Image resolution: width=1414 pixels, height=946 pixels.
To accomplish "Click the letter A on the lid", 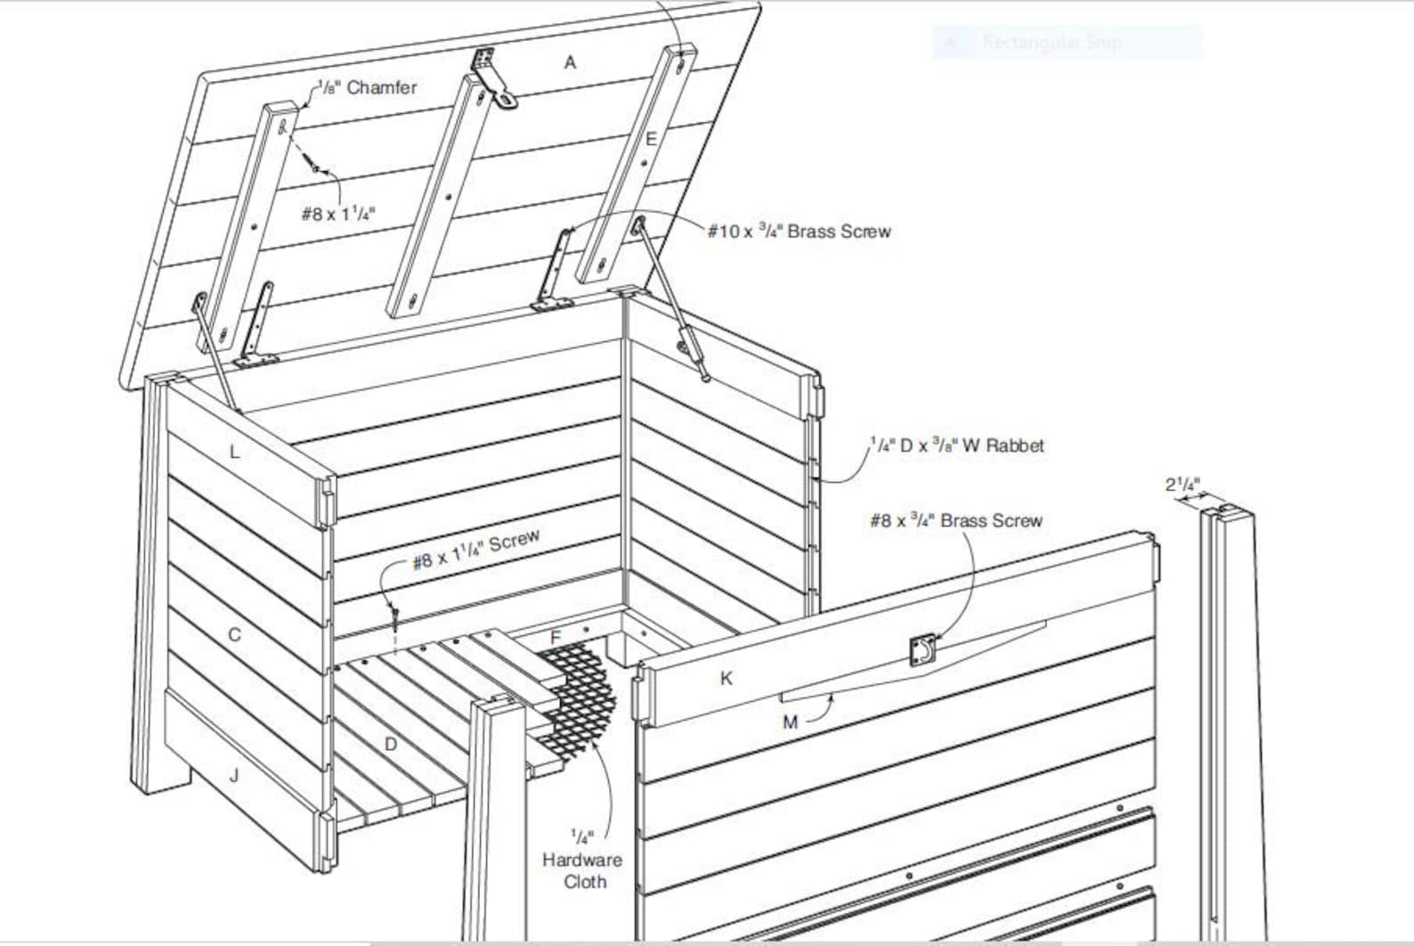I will pos(570,62).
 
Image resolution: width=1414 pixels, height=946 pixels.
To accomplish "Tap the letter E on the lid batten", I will pos(651,139).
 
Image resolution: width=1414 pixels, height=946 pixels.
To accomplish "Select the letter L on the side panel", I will pos(234,452).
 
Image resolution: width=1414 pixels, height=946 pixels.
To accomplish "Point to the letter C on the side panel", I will pos(234,635).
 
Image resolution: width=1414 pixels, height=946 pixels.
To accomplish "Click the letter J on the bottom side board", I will pos(234,775).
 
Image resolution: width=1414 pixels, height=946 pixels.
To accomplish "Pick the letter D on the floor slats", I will pos(390,744).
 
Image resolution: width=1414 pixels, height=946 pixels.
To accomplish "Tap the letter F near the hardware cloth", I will pos(556,638).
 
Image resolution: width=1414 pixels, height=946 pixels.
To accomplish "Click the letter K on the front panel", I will pos(727,679).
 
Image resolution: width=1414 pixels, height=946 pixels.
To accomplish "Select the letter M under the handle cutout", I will pos(790,722).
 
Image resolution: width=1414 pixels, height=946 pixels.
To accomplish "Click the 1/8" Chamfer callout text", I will pos(368,87).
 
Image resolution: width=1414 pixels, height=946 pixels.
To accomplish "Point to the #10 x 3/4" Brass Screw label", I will pos(799,232).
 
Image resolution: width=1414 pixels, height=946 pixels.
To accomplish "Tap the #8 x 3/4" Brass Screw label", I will pos(955,520).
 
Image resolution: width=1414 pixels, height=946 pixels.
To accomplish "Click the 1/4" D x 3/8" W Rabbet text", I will pos(956,445).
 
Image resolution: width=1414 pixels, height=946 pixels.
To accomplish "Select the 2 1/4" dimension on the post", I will pos(1182,485).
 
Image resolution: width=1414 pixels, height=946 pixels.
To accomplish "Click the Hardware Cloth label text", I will pos(582,870).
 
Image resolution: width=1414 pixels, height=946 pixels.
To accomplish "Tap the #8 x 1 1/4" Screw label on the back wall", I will pos(475,550).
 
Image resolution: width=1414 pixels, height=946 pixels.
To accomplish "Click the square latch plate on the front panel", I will pos(922,651).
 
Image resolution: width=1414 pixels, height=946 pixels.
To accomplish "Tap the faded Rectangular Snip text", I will pos(1051,42).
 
